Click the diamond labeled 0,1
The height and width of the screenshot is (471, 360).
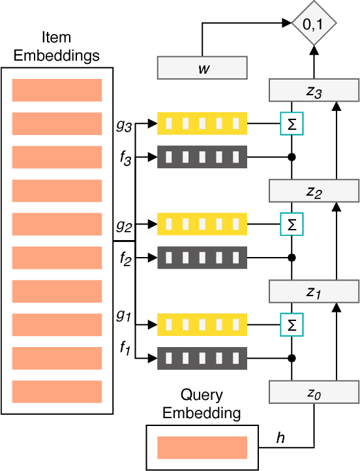[314, 25]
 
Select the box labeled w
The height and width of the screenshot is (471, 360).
[202, 68]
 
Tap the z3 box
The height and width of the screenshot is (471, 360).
[314, 91]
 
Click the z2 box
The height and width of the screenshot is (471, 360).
[314, 190]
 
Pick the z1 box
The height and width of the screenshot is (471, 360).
[314, 290]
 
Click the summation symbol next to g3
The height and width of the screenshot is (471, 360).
[292, 123]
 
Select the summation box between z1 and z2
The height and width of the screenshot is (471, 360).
[292, 223]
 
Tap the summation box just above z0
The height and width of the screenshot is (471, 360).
[292, 323]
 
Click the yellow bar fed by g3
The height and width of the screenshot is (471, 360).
[202, 123]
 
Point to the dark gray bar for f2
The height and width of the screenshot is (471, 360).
[202, 258]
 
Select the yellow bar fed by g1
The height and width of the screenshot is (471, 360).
[202, 323]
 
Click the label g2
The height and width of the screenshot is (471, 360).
[123, 226]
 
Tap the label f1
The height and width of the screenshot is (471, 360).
[125, 348]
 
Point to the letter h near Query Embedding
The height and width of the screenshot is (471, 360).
[280, 438]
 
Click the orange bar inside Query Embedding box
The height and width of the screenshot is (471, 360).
[202, 448]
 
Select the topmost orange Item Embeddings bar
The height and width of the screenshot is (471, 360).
[57, 90]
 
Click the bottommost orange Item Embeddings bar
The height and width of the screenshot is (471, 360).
[57, 391]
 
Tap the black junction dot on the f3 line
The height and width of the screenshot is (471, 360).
[292, 157]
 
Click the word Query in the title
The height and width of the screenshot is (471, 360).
[202, 395]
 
